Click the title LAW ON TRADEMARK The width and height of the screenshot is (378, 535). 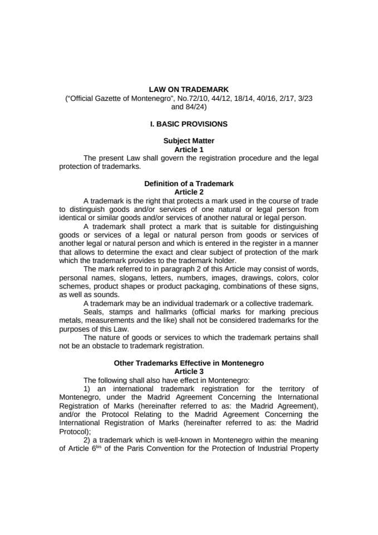(x=189, y=89)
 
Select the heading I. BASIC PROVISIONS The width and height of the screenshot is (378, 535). (x=189, y=124)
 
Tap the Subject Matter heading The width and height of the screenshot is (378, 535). (x=189, y=141)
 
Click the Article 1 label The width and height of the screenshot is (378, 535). (x=189, y=149)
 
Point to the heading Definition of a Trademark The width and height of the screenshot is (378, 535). (x=189, y=183)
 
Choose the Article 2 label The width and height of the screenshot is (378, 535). (x=189, y=192)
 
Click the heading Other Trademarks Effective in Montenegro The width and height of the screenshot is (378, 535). (x=189, y=363)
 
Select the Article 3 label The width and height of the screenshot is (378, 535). (x=189, y=371)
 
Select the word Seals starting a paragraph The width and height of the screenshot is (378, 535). (x=94, y=311)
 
